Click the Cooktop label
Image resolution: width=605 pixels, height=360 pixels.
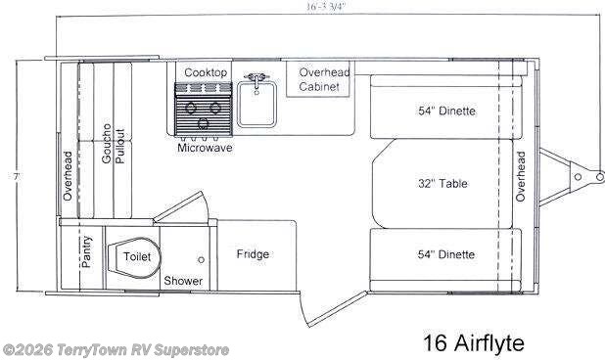206,73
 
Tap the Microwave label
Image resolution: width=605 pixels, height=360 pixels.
205,149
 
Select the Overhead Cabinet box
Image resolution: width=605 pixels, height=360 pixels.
319,79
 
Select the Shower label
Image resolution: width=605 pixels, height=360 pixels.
183,281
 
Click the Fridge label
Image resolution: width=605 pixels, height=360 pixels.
253,254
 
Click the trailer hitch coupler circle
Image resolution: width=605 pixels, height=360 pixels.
578,177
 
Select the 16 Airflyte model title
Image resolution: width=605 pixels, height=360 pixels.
474,343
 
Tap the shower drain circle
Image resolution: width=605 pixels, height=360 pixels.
202,260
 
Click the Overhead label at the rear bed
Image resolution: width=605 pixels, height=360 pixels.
68,177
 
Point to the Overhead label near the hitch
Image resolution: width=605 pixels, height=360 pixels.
521,177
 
